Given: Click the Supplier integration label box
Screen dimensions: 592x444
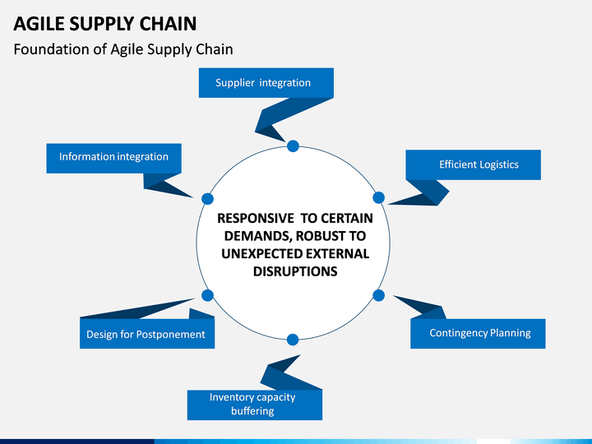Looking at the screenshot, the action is [266, 83].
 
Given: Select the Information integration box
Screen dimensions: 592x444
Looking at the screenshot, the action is [113, 158].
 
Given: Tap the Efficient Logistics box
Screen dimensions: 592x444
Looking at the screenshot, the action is [473, 164].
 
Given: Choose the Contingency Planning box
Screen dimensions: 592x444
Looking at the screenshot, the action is [478, 333].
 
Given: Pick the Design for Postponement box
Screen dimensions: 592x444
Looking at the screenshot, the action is [147, 333].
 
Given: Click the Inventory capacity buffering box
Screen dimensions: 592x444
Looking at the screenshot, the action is [255, 405].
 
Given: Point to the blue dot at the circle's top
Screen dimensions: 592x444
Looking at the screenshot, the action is [293, 146].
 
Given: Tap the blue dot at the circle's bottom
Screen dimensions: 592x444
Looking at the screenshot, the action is [293, 340].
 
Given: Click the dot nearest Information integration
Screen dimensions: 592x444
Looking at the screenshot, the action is [207, 199].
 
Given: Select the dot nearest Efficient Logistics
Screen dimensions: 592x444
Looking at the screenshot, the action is [379, 197].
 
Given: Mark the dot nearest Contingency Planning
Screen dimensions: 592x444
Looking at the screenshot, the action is [379, 295].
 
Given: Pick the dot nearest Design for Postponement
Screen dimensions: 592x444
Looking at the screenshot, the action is [207, 295].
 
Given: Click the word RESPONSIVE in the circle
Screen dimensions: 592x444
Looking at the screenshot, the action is [256, 218].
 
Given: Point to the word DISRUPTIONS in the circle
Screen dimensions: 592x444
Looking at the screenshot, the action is [295, 271].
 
